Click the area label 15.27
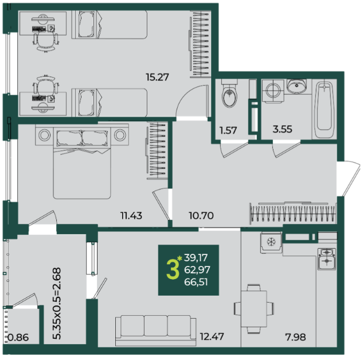[x=157, y=77]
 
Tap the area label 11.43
[x=131, y=215]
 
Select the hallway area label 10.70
[x=201, y=215]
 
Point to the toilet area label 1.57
[x=228, y=130]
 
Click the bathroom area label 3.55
[x=282, y=129]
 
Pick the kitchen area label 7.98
[x=296, y=337]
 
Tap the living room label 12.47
[x=212, y=336]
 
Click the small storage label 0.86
[x=18, y=338]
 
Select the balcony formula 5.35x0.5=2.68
[x=57, y=303]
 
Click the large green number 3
[x=173, y=269]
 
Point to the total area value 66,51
[x=196, y=282]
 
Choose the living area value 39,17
[x=196, y=258]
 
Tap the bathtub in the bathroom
[x=325, y=109]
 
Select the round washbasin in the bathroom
[x=296, y=86]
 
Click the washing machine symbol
[x=273, y=91]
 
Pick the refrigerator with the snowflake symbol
[x=271, y=242]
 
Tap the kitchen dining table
[x=254, y=309]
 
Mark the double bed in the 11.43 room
[x=82, y=163]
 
